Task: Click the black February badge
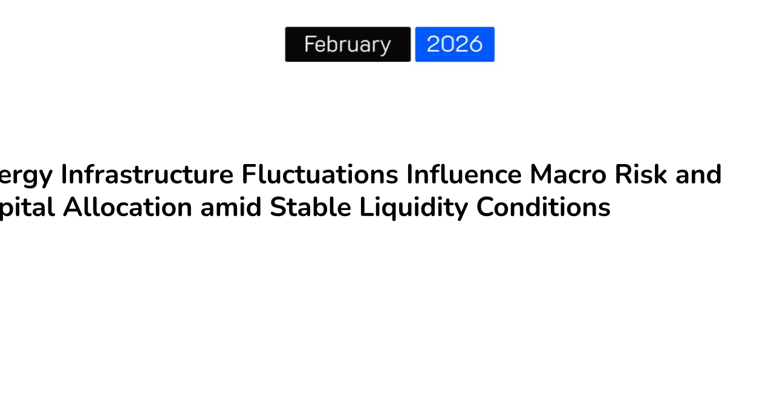click(348, 44)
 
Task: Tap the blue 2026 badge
click(455, 44)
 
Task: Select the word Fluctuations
click(320, 175)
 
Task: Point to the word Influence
click(464, 175)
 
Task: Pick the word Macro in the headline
click(568, 175)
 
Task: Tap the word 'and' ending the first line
click(698, 175)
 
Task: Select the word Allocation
click(128, 208)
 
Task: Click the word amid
click(231, 208)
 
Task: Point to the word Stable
click(310, 208)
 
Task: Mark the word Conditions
click(543, 208)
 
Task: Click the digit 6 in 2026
click(475, 44)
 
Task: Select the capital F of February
click(310, 44)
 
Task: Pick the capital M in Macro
click(540, 175)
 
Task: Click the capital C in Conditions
click(485, 208)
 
